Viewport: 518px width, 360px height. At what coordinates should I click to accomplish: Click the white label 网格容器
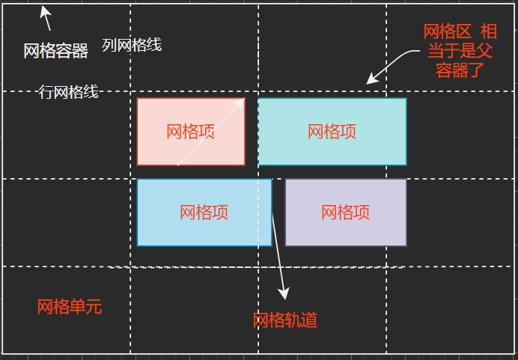(x=55, y=51)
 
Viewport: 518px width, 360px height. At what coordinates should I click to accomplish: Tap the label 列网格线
(x=132, y=45)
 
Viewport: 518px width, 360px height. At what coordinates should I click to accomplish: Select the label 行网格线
(x=68, y=92)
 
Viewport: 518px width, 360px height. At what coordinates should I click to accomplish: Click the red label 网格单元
(x=69, y=307)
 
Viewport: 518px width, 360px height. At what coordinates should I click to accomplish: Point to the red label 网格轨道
(x=285, y=320)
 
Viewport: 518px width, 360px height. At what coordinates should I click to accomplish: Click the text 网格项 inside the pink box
(x=190, y=132)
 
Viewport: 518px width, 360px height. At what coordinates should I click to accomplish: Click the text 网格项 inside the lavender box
(x=345, y=213)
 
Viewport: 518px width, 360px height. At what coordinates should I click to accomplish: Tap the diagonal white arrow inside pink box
(x=211, y=131)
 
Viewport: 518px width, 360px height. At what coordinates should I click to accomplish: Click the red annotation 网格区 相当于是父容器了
(x=460, y=51)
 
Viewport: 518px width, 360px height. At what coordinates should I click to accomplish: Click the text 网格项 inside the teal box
(x=332, y=132)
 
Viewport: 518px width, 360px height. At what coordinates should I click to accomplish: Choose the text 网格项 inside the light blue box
(x=204, y=213)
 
